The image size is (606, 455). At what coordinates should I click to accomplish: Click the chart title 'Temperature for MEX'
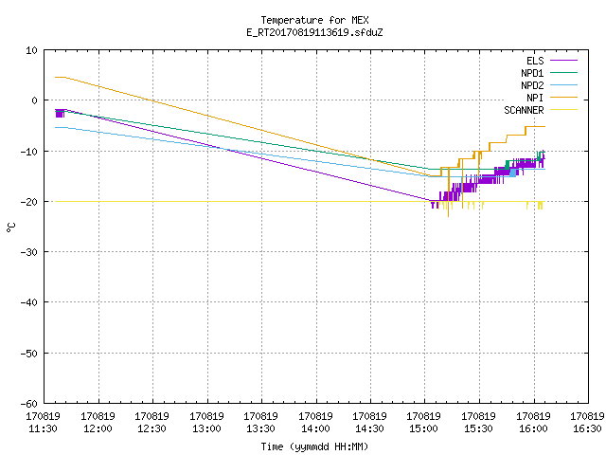[x=314, y=20]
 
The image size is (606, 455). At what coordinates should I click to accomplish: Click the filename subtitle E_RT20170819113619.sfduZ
[x=314, y=32]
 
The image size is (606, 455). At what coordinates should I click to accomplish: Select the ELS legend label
[x=535, y=61]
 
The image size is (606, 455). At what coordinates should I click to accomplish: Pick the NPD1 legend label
[x=532, y=73]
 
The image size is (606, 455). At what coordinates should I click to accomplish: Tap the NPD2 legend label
[x=532, y=85]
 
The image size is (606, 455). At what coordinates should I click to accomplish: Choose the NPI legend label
[x=535, y=98]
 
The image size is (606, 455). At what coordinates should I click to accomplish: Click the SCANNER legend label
[x=524, y=110]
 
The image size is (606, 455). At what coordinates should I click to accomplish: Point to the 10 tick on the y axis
[x=31, y=50]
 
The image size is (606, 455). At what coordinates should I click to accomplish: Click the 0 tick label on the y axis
[x=34, y=100]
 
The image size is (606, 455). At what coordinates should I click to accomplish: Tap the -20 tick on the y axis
[x=29, y=202]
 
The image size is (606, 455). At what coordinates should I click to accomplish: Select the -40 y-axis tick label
[x=29, y=302]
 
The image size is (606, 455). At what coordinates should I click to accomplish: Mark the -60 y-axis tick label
[x=29, y=404]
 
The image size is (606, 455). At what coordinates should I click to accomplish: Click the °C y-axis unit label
[x=11, y=227]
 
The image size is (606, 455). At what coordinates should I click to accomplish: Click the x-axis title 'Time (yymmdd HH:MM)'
[x=314, y=446]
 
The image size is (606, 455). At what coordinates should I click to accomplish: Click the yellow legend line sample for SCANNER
[x=564, y=110]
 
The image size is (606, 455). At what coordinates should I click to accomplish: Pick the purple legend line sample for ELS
[x=564, y=61]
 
